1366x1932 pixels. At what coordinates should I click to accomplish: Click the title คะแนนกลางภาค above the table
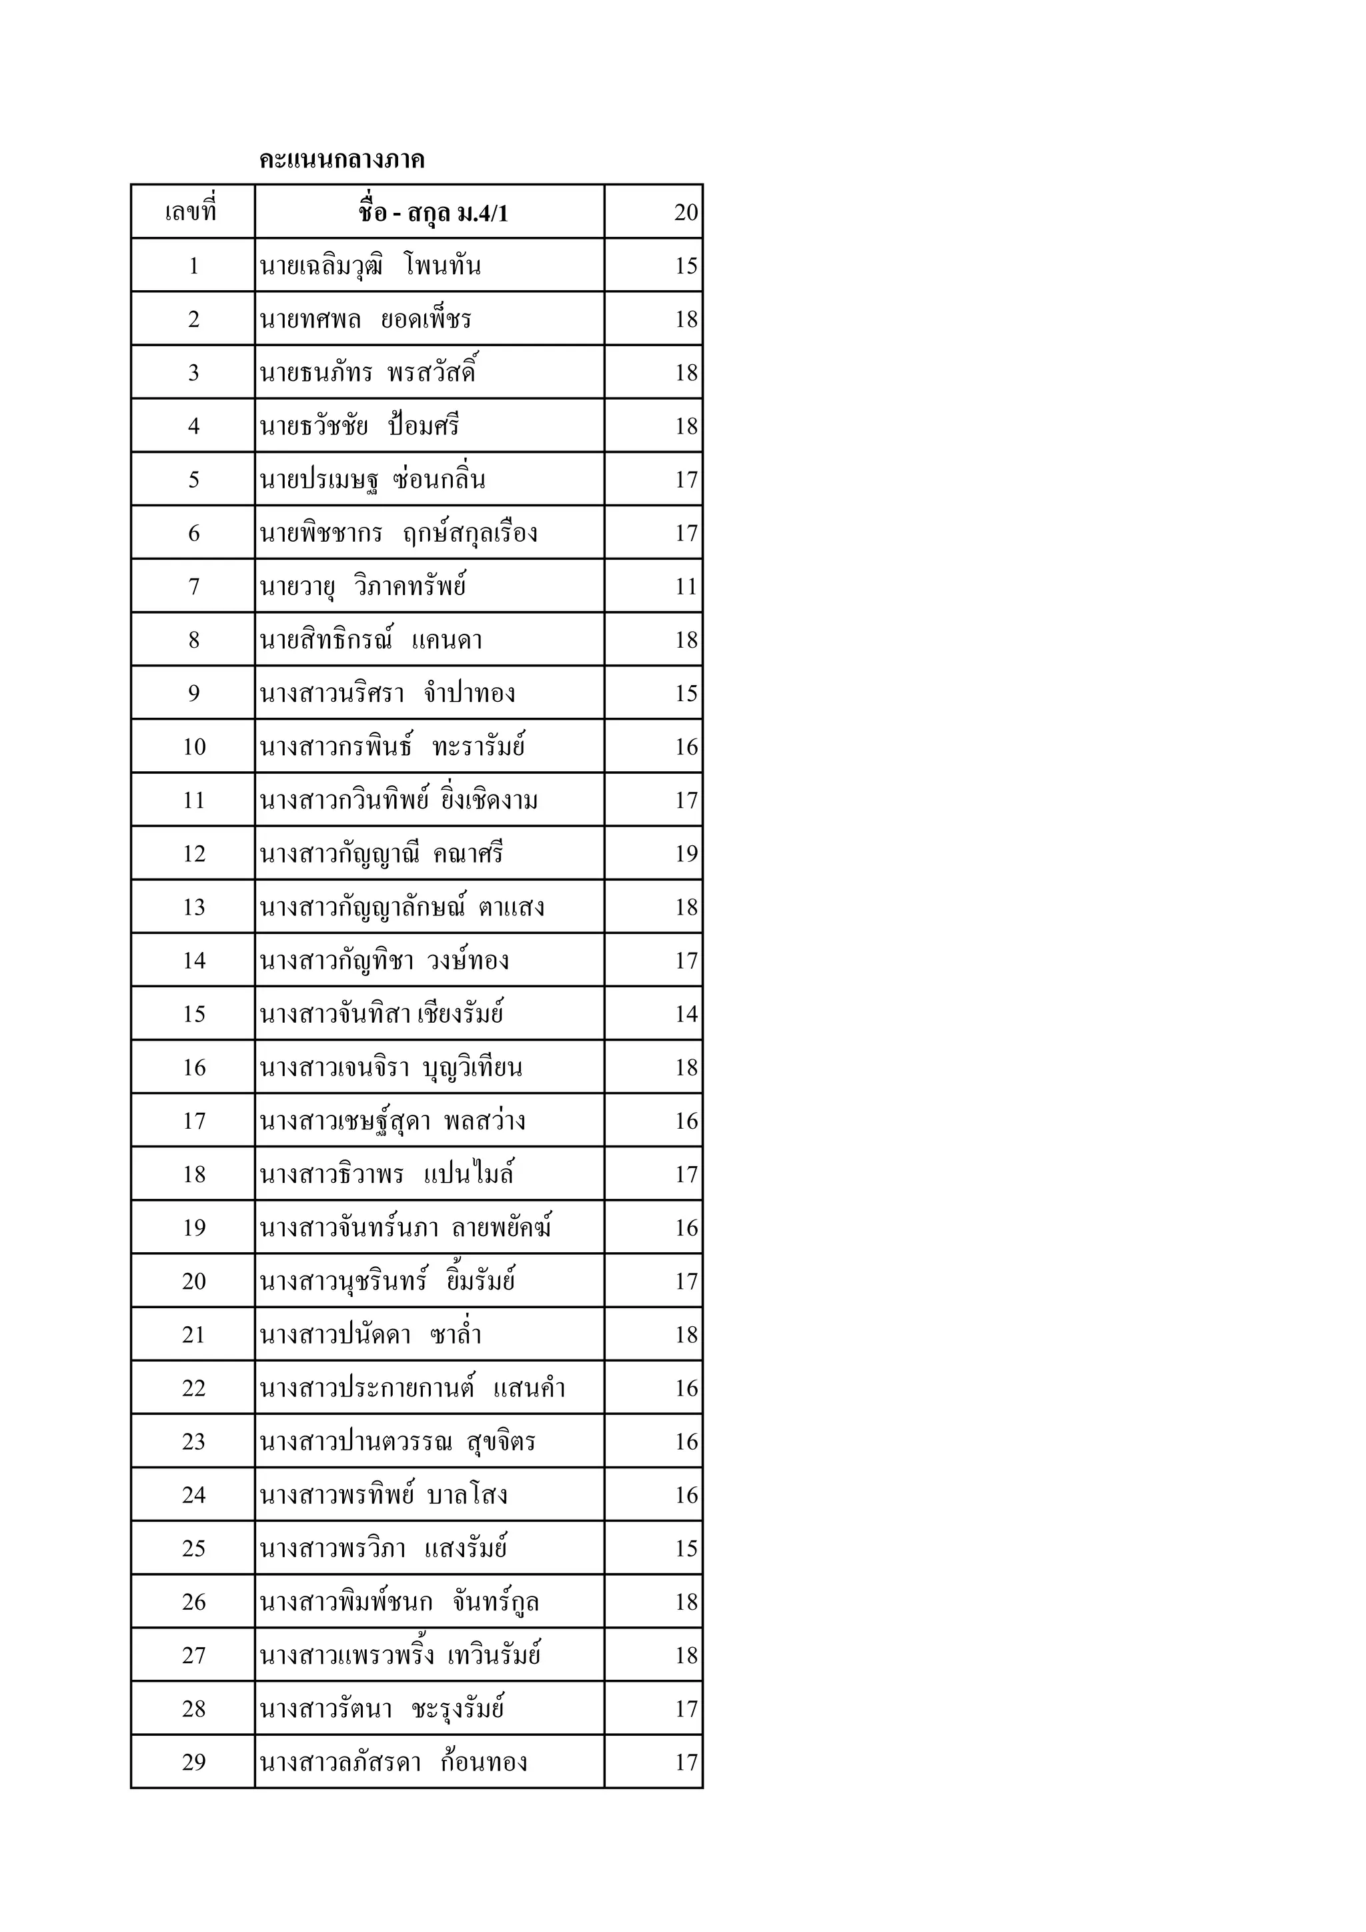click(x=341, y=159)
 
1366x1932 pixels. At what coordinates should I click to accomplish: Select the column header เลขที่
click(x=192, y=212)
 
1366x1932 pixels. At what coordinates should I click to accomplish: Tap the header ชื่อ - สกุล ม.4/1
click(x=433, y=213)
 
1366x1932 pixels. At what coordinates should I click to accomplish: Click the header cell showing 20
click(x=686, y=212)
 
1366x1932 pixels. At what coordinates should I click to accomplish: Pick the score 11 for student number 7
click(x=686, y=586)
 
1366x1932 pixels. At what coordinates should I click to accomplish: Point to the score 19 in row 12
click(x=686, y=854)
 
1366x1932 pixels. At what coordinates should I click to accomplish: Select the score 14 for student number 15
click(x=686, y=1014)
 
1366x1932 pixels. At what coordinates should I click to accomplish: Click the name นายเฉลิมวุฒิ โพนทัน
click(x=370, y=266)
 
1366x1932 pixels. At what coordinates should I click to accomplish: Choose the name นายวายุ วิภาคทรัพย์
click(x=363, y=586)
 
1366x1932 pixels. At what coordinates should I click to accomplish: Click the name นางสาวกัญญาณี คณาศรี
click(x=381, y=854)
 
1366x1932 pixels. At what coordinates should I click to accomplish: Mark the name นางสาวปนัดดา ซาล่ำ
click(x=370, y=1336)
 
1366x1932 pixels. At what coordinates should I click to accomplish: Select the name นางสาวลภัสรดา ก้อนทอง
click(x=393, y=1763)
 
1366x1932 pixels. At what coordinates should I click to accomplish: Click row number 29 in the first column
click(x=193, y=1763)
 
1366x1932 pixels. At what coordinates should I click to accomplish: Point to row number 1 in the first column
click(x=193, y=266)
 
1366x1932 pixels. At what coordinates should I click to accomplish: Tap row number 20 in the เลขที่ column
click(x=193, y=1282)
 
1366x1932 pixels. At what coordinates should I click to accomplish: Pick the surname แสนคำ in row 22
click(x=529, y=1388)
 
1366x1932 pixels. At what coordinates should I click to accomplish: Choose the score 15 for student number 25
click(x=686, y=1549)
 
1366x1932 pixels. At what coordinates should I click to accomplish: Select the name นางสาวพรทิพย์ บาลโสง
click(x=383, y=1495)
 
